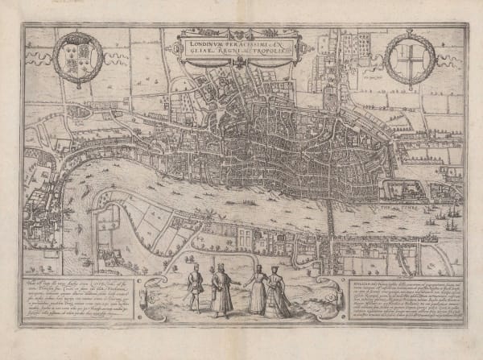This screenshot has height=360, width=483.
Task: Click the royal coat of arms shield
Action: point(77,59)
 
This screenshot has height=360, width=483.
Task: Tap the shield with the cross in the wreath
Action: point(409,58)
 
